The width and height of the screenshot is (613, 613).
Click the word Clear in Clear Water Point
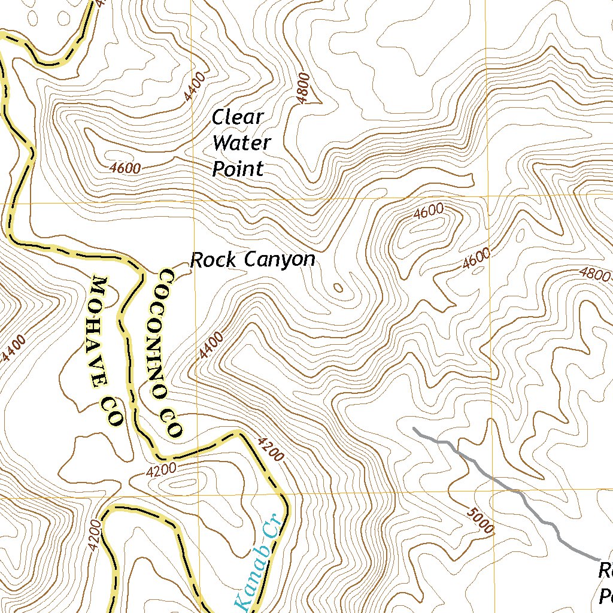(238, 118)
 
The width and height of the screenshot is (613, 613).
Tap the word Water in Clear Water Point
(242, 143)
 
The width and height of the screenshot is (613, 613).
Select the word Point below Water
(238, 169)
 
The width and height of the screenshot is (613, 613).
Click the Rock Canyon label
(252, 260)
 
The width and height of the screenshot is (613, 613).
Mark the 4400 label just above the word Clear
(195, 86)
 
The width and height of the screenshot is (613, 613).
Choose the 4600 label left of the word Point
(126, 168)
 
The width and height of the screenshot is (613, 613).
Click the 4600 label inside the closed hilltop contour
(429, 210)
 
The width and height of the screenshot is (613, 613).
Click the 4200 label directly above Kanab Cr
(269, 448)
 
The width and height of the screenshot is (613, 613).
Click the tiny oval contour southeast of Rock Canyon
(338, 289)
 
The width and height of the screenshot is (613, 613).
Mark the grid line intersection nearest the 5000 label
(493, 492)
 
